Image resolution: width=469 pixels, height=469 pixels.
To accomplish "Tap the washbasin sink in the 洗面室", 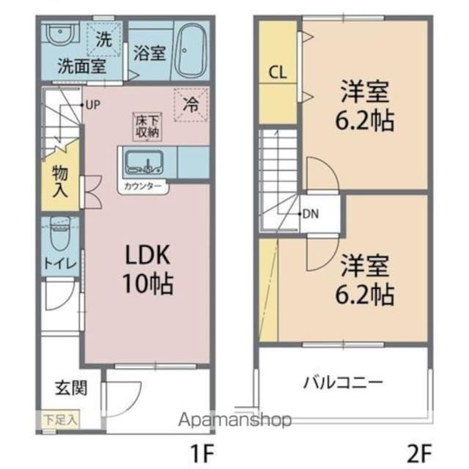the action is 60,33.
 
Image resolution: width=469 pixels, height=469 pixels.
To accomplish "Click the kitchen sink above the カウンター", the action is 144,162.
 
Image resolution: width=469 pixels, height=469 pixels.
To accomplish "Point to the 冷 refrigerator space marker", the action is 191,105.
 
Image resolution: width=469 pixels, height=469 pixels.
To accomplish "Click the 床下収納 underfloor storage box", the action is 147,127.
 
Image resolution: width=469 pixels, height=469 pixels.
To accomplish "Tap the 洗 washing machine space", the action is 104,39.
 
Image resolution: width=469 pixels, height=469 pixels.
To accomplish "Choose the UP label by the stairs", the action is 93,105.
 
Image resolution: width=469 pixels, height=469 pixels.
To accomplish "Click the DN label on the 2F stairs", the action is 311,214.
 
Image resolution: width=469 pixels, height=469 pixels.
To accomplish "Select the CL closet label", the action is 278,72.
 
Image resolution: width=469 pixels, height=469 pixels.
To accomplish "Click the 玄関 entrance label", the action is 71,388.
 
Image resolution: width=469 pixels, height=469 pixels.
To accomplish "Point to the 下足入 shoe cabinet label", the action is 61,420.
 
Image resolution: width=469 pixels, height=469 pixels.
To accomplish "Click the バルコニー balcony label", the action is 343,383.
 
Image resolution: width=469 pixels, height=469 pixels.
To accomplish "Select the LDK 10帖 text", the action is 148,269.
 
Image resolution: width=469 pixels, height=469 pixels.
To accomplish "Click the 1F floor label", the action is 202,453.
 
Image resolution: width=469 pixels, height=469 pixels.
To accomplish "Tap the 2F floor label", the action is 420,453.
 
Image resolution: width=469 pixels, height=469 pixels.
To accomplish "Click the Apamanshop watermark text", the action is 234,419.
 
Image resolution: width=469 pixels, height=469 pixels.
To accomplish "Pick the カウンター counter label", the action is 143,186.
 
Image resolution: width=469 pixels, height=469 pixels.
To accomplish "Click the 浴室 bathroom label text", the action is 149,53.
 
